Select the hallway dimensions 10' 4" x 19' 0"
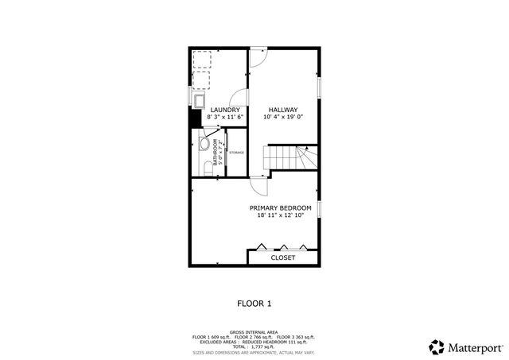(282, 118)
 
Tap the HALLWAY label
(282, 110)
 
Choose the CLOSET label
(283, 258)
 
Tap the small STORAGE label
(236, 152)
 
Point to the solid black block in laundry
(193, 118)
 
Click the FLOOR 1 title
(254, 303)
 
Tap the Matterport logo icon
(437, 346)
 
